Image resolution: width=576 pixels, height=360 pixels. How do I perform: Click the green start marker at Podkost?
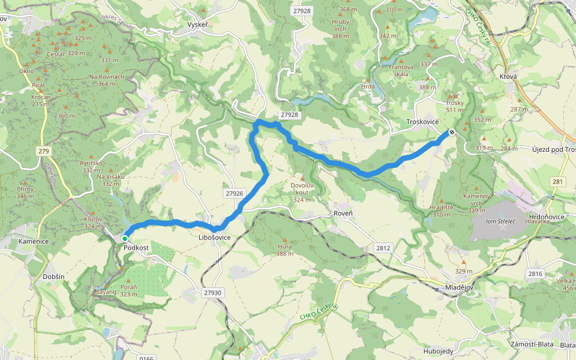point(124,238)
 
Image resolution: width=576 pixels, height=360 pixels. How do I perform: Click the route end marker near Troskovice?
point(451,132)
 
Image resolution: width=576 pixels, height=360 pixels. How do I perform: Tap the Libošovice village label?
point(214,238)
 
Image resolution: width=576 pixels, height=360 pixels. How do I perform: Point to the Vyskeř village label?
point(197,25)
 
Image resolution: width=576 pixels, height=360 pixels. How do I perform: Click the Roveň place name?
point(343,214)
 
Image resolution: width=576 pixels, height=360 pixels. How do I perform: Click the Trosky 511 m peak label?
point(455,106)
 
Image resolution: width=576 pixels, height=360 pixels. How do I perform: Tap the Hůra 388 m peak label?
point(284,250)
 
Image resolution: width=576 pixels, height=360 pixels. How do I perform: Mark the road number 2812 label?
point(383,247)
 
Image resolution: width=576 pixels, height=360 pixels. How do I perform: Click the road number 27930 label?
point(212,292)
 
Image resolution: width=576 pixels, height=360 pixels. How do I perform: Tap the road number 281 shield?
point(558,181)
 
